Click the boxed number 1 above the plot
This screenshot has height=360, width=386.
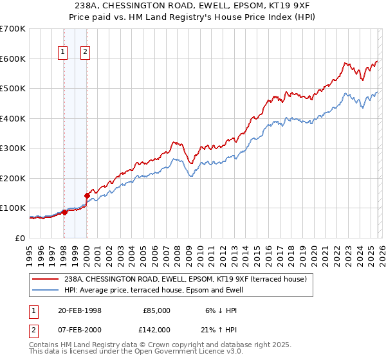tap(64, 53)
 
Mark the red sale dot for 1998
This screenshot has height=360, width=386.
tap(64, 213)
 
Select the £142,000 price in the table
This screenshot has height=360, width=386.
tap(156, 330)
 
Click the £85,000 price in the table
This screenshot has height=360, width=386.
tap(156, 310)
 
